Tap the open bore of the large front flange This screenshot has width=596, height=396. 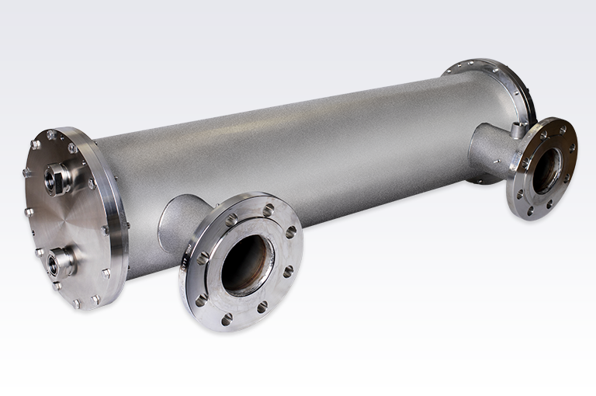(x=247, y=264)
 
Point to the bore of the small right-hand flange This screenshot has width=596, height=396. (x=547, y=170)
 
